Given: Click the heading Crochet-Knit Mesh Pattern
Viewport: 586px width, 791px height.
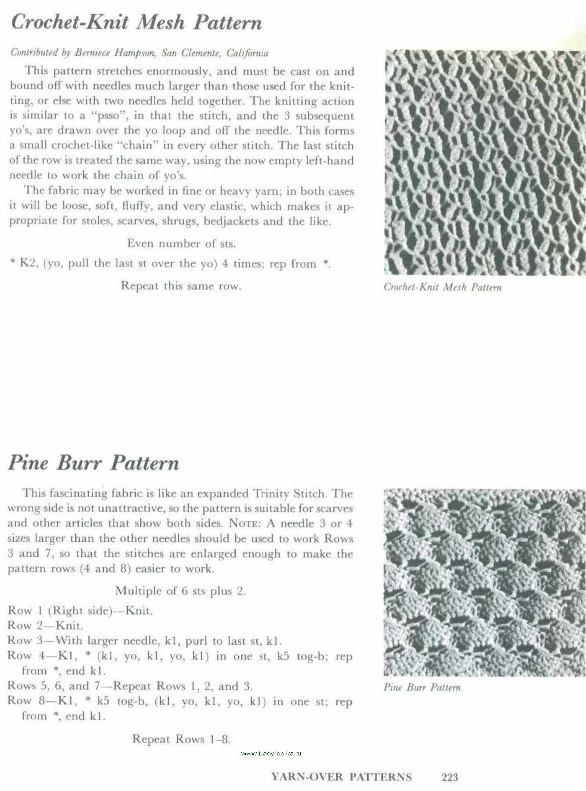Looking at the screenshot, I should pos(136,22).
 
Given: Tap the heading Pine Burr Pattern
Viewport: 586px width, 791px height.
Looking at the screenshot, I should pos(94,463).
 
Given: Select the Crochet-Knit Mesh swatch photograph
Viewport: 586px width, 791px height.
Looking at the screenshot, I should pos(484,163).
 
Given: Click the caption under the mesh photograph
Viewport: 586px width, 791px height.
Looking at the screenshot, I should pos(442,287).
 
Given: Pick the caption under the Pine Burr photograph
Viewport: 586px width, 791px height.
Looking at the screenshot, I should pos(422,687).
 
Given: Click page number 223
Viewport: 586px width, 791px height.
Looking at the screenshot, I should pos(449,777).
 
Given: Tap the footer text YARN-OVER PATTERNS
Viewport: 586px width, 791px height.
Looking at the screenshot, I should pos(342,777).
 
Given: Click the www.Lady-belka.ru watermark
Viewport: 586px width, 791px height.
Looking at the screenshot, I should pos(271,753).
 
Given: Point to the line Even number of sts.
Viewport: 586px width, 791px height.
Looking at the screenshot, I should pos(181,243).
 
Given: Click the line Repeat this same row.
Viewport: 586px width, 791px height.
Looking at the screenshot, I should pos(181,286).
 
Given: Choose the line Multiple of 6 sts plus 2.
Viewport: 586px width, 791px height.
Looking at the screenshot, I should pos(180,591).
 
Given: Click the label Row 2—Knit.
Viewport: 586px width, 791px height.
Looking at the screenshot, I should pos(45,625).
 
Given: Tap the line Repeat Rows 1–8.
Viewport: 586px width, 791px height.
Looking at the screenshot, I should pos(182,739).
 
